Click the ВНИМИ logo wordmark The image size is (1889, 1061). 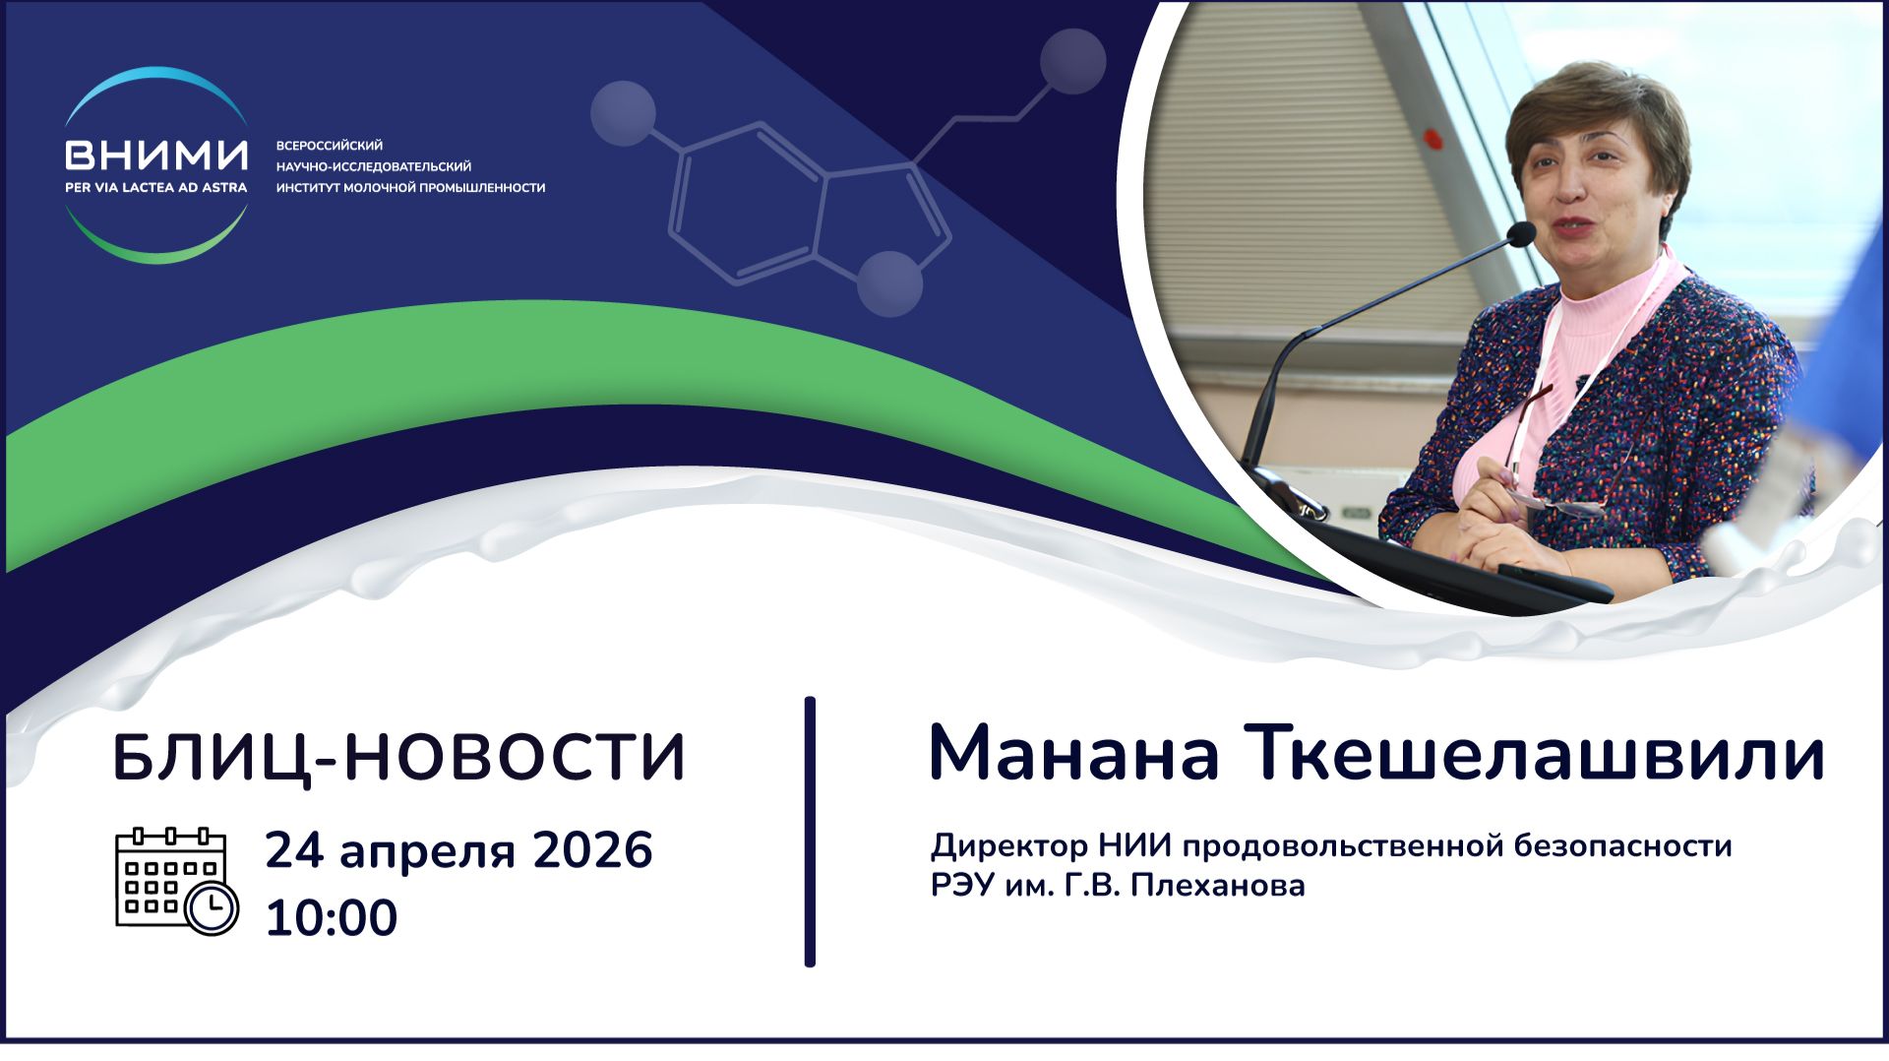(155, 155)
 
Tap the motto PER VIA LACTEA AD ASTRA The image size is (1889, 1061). (155, 187)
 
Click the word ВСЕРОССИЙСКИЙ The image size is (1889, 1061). (329, 146)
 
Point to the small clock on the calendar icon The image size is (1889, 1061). (212, 908)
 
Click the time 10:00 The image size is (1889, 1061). (331, 917)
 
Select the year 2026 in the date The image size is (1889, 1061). (592, 850)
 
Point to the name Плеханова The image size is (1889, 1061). (1218, 886)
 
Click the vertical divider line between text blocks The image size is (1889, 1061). (810, 832)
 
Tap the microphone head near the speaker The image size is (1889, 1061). (1520, 234)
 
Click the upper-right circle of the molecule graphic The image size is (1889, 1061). (1072, 61)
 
